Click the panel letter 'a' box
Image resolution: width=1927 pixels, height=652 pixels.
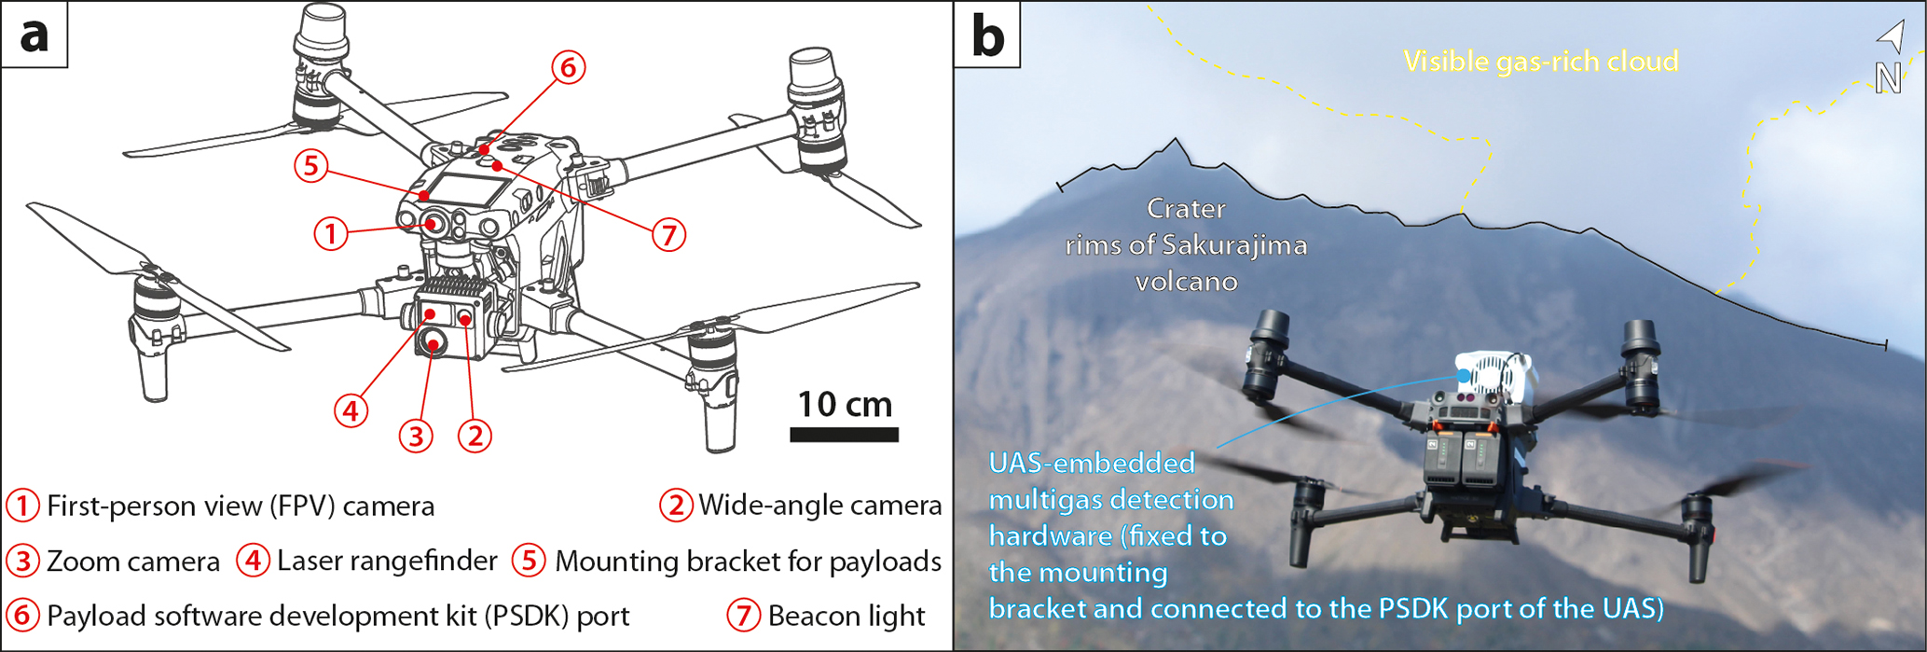point(34,35)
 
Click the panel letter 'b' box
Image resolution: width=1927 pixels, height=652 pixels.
point(987,35)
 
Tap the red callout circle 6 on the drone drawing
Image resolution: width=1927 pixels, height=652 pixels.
point(568,67)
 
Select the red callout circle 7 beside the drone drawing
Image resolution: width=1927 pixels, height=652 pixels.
point(668,234)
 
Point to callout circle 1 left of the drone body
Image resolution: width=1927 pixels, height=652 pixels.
point(331,233)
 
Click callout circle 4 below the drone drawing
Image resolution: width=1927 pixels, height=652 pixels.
point(351,409)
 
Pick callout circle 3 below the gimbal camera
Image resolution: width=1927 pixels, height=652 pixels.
point(416,435)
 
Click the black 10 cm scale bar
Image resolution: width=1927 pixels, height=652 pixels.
point(844,435)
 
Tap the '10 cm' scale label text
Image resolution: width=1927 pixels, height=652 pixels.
point(845,404)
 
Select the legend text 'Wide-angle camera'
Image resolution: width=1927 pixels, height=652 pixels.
point(820,506)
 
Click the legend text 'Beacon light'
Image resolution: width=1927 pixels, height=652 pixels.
point(847,616)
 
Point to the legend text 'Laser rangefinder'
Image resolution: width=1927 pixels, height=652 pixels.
point(387,561)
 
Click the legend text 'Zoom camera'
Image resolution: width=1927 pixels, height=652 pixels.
point(133,562)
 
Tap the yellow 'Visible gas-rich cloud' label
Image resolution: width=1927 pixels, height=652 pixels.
point(1541,62)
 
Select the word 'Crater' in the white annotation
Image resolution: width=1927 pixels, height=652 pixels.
point(1186,208)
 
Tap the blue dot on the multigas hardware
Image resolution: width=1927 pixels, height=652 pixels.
point(1464,375)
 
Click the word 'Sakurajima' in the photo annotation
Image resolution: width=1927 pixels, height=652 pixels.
point(1234,245)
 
